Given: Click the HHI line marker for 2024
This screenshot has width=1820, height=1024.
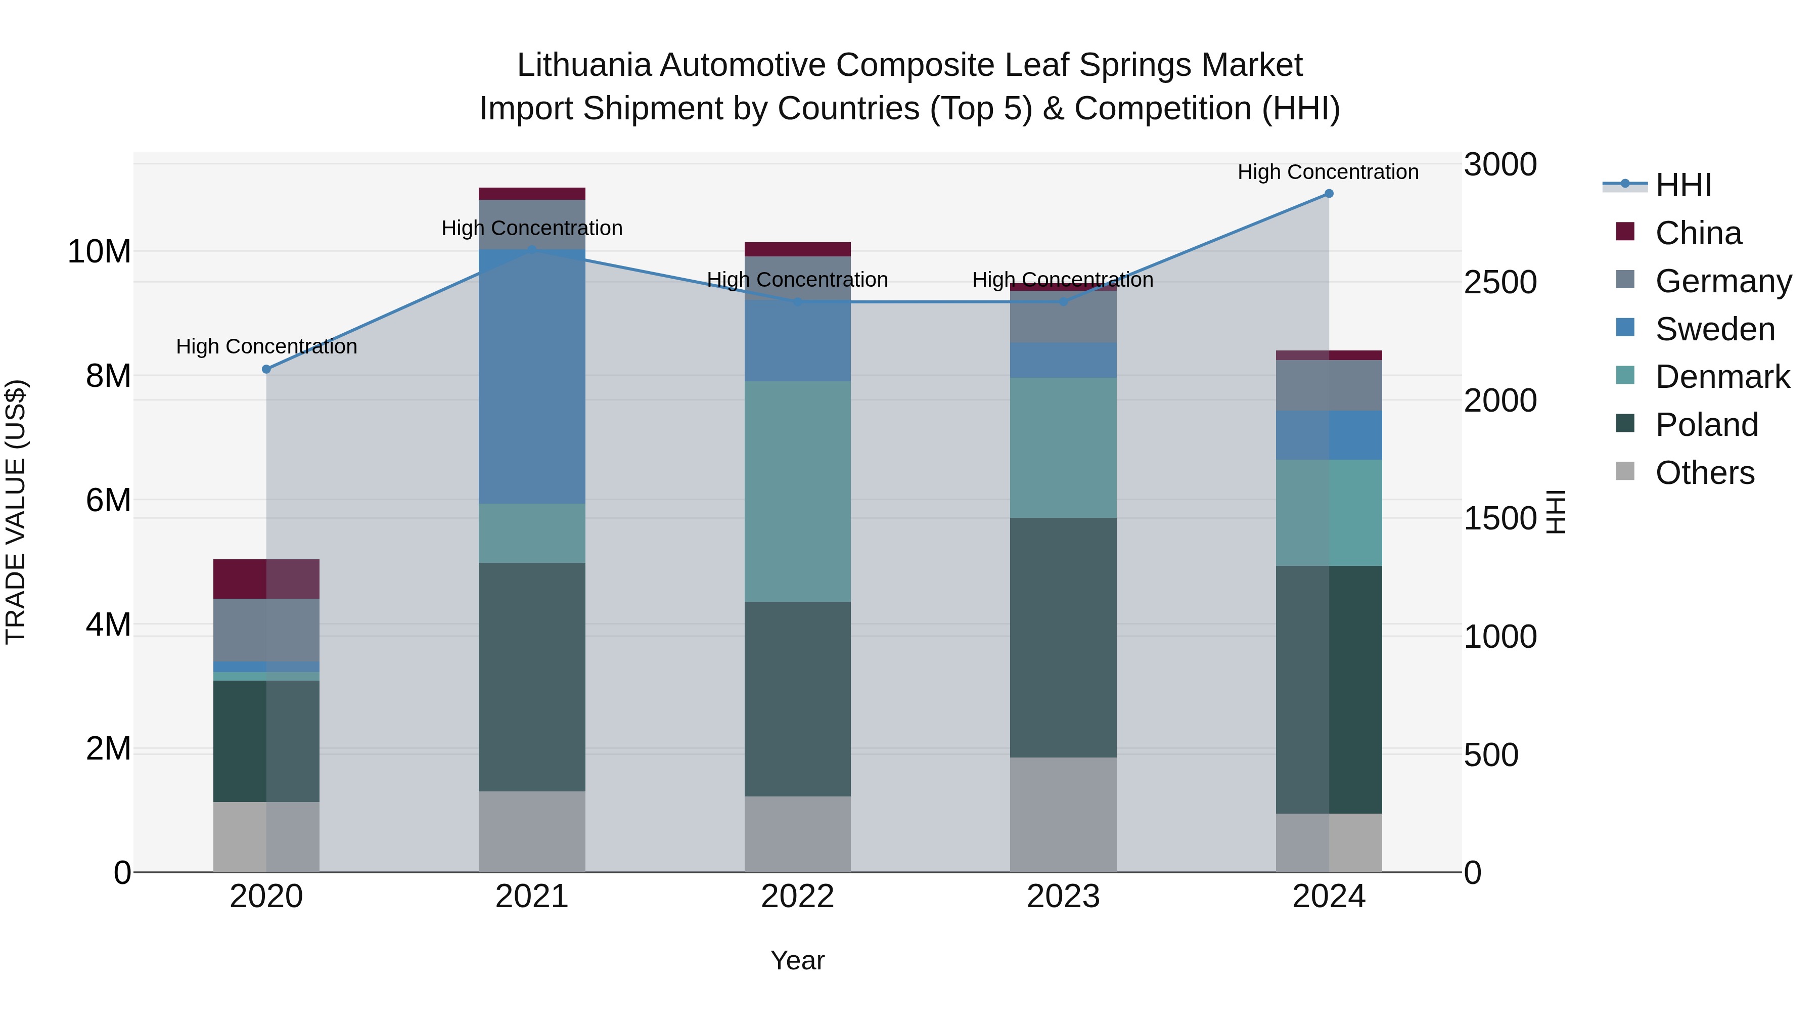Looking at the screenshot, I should click(1328, 194).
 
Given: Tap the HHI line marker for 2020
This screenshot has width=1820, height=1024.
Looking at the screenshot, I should click(266, 369).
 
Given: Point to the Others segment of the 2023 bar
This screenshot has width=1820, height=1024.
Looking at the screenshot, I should click(1063, 814).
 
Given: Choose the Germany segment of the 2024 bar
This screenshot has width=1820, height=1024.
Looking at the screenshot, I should click(1328, 385).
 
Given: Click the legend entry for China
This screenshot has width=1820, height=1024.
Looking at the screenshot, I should click(1697, 233).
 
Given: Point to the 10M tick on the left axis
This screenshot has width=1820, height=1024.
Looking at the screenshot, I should click(99, 252).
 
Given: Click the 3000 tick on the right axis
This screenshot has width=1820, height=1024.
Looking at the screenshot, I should click(1500, 165).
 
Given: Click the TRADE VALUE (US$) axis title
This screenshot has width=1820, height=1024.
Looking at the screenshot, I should click(16, 512).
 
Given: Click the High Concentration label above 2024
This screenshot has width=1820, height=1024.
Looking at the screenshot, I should click(1328, 172).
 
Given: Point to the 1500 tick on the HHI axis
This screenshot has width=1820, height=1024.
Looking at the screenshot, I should click(1500, 519).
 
